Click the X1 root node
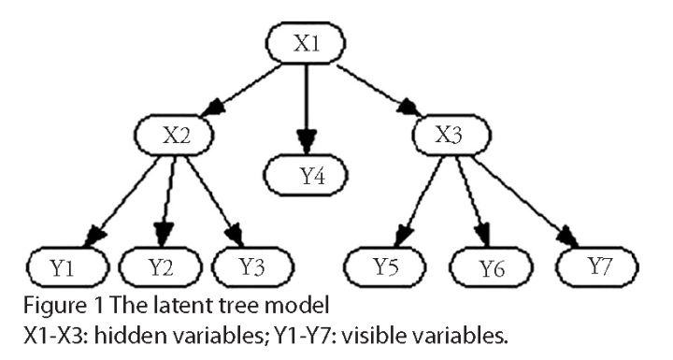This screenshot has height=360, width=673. tap(307, 44)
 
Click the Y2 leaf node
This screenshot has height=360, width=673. tap(160, 266)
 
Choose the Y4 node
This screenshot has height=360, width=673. tap(307, 173)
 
